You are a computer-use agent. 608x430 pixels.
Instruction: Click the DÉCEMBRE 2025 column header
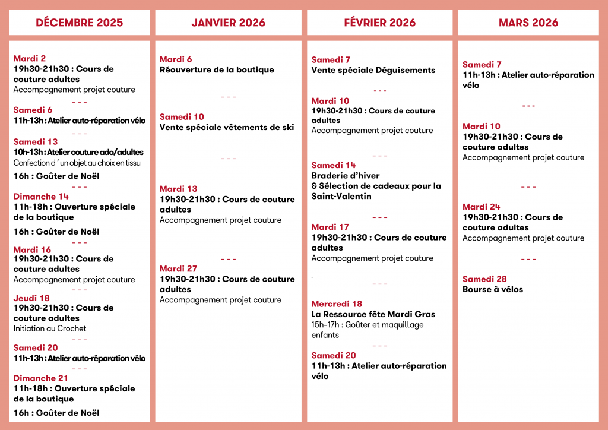point(80,23)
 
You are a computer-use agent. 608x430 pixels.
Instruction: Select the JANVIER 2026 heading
point(228,23)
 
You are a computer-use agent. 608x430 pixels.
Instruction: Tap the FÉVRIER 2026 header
point(379,23)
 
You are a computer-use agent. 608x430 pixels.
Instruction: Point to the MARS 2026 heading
point(528,23)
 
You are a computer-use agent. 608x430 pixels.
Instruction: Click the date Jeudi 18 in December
point(31,298)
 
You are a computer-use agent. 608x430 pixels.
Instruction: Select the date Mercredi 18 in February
point(337,304)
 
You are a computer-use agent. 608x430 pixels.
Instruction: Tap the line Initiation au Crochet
point(50,328)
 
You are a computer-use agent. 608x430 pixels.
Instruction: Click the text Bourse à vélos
point(493,290)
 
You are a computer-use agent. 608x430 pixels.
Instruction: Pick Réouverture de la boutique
point(217,70)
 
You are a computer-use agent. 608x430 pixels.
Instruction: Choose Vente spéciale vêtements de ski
point(227,128)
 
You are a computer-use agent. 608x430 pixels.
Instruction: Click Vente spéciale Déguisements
point(373,70)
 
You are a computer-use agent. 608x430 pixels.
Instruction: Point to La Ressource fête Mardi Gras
point(373,314)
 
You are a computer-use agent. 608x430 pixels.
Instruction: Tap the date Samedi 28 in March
point(484,279)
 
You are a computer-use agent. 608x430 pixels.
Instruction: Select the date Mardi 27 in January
point(178,268)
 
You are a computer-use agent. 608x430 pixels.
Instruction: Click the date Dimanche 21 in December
point(40,378)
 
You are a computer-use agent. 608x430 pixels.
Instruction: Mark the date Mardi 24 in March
point(482,207)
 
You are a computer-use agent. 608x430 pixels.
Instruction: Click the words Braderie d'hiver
point(345,176)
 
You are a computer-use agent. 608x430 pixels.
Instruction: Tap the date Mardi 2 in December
point(30,58)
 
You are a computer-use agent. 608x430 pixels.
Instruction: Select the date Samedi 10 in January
point(182,117)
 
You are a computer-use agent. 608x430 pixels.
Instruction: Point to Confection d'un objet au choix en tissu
point(77,163)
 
